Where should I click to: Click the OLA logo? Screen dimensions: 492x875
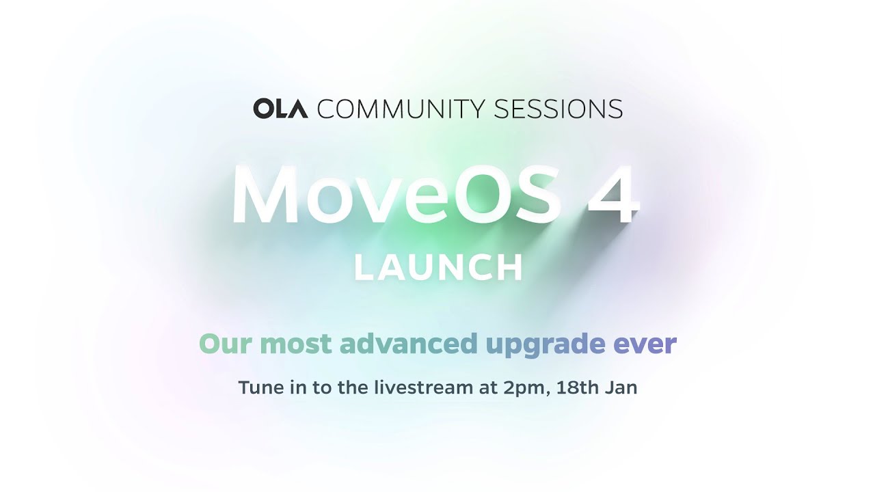(280, 109)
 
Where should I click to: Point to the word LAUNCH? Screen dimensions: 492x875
(438, 269)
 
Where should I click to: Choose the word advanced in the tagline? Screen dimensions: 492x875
(408, 343)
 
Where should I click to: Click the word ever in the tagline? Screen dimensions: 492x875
(645, 343)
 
